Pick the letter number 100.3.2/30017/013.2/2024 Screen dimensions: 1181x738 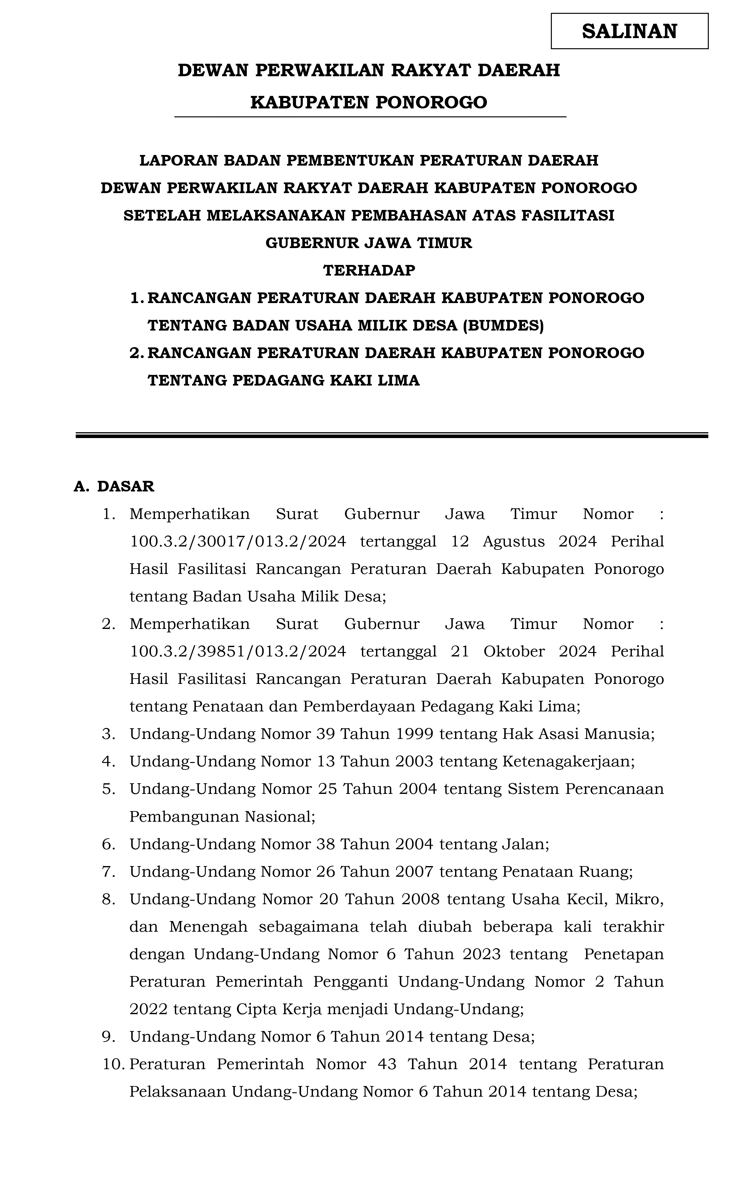[x=238, y=541]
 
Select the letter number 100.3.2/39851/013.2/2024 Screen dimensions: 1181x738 [x=238, y=651]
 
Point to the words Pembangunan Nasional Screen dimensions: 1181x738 [x=222, y=816]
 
